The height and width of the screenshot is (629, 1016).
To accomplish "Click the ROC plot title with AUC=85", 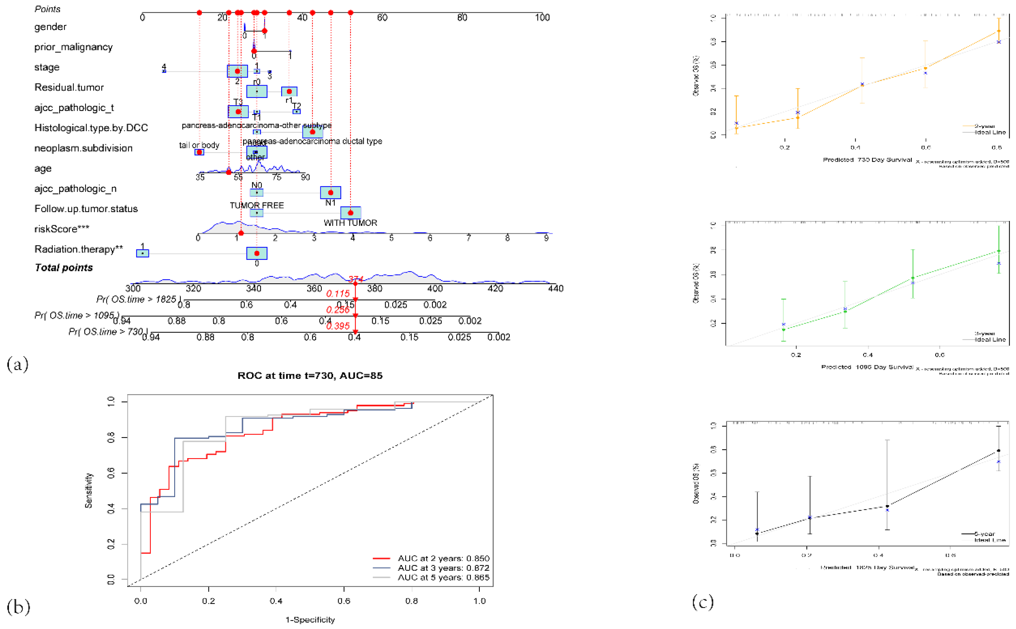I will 310,376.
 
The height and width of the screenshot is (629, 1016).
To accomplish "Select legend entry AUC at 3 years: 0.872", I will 443,568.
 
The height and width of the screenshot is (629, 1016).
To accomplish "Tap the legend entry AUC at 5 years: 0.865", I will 443,577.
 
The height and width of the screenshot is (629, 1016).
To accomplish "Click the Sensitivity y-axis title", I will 88,490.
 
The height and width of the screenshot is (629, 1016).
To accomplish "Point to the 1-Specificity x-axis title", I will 310,620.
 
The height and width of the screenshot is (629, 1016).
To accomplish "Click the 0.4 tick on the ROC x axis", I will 276,601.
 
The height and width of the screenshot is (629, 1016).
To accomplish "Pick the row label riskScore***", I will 61,229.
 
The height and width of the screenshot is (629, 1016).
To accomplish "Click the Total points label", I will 64,268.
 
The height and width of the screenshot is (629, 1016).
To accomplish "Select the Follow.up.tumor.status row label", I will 86,209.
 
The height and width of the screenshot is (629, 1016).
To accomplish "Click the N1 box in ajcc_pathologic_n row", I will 330,193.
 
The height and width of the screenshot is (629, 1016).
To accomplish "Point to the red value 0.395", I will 338,326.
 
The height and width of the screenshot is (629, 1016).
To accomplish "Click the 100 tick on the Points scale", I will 542,18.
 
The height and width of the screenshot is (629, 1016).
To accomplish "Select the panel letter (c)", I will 702,601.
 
